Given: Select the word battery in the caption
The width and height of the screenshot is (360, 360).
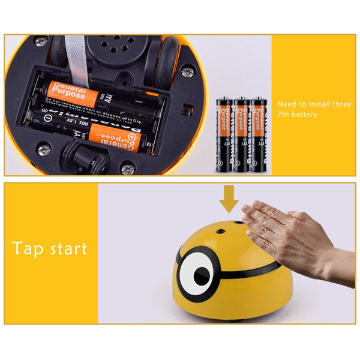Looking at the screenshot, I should click(x=304, y=114).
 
